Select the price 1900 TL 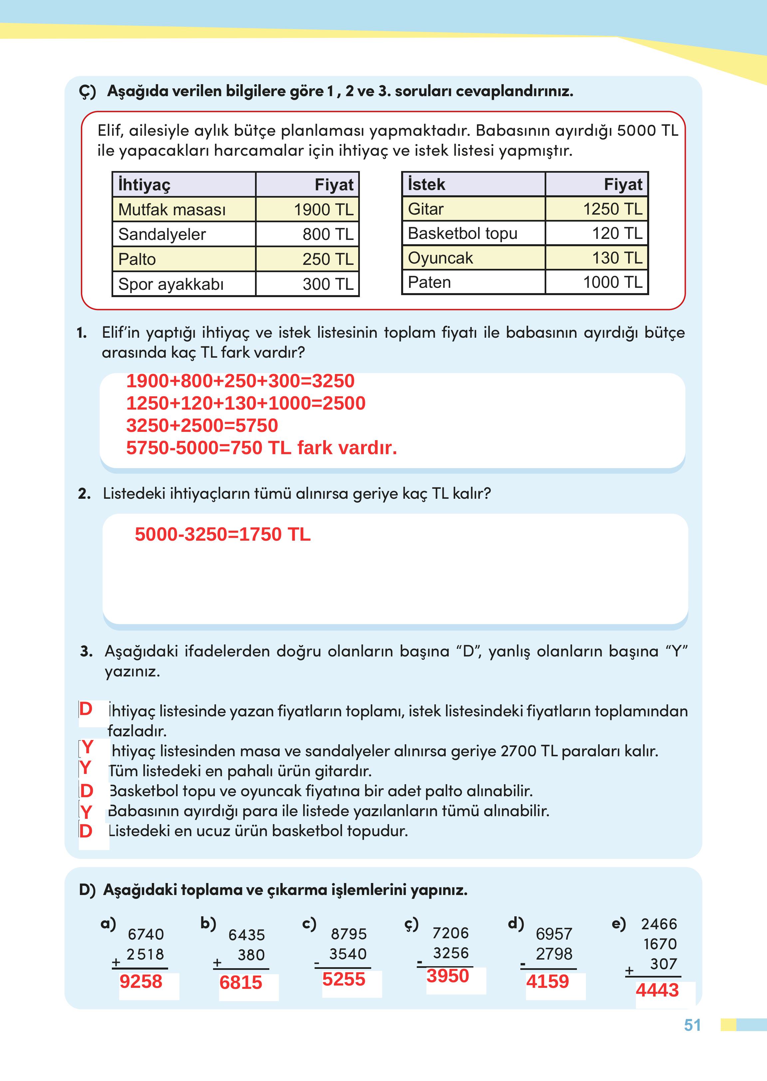pos(324,210)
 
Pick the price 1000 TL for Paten pos(613,282)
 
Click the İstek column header pos(426,184)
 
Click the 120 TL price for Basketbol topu pos(617,233)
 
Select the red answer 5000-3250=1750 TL pos(222,534)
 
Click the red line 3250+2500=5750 pos(202,425)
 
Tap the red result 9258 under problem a pos(141,982)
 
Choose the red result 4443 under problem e pos(657,990)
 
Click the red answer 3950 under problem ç pos(447,976)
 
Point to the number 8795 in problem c pos(349,934)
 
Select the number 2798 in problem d pos(554,954)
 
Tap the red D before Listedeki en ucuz pos(86,831)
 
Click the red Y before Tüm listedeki pos(86,768)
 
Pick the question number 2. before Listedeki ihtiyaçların pos(84,494)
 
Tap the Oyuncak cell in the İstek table pos(440,258)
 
